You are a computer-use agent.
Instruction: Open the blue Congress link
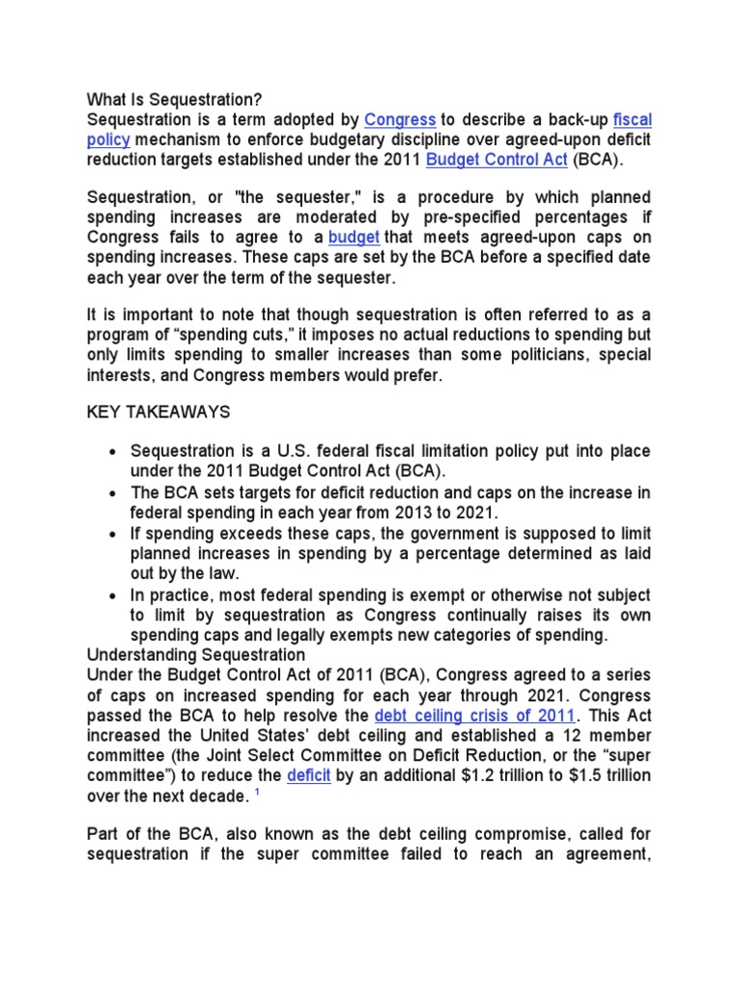400,120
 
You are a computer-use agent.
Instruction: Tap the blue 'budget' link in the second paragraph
353,237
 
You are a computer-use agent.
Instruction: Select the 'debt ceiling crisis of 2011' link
475,716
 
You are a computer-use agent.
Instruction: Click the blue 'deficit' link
308,775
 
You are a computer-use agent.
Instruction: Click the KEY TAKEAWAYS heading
159,412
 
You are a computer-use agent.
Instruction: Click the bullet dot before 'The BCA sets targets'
115,493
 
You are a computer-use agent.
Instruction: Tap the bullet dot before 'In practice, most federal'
115,595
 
